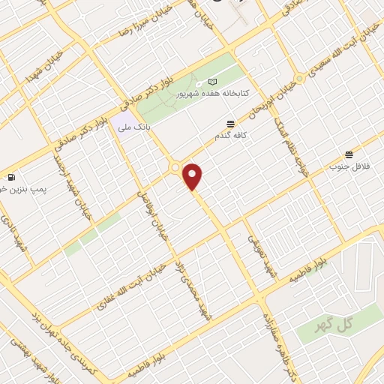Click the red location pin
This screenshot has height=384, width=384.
193,175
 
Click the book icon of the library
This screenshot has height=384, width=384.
212,81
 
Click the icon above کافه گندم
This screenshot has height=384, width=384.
229,124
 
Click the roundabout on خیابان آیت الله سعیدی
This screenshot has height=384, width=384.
299,78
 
